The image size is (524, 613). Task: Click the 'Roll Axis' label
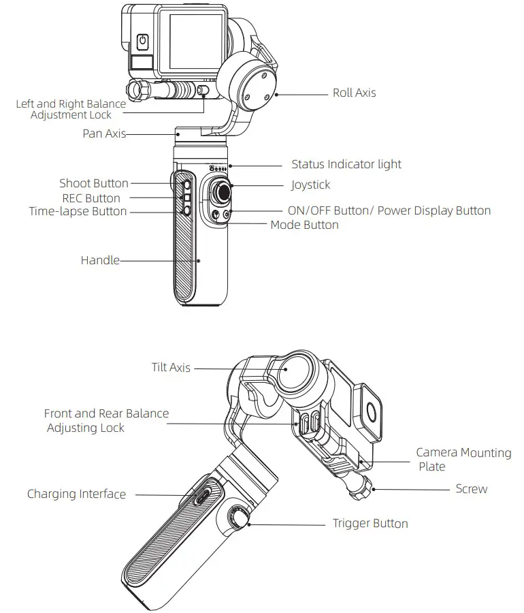[x=354, y=93]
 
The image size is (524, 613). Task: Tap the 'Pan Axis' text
[x=104, y=134]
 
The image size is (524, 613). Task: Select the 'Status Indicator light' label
[x=346, y=164]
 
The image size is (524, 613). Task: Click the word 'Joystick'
[x=310, y=185]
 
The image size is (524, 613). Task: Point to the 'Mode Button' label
[x=304, y=225]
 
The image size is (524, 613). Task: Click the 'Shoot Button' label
[x=94, y=183]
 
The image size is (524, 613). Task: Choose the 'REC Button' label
[x=91, y=198]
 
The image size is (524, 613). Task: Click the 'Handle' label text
[x=100, y=260]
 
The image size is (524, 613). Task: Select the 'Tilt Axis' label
[x=171, y=368]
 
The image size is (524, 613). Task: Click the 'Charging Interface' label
[x=76, y=494]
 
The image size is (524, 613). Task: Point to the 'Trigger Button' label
[x=370, y=524]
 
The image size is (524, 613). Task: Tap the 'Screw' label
[x=472, y=489]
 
